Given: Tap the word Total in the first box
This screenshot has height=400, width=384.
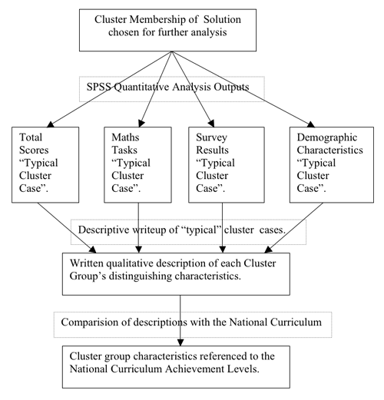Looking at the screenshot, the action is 31,137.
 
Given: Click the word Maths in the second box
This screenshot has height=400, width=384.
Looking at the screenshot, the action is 125,137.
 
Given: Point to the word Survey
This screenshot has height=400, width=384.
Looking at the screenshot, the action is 211,137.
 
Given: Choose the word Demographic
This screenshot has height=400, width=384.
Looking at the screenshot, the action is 327,137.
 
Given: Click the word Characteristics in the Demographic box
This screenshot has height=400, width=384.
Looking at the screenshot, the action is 329,150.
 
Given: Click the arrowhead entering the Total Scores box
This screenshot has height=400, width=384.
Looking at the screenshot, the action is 50,124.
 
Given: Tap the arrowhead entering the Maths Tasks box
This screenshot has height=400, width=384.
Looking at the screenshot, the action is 141,124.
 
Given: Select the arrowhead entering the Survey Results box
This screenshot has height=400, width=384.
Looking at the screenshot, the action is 211,124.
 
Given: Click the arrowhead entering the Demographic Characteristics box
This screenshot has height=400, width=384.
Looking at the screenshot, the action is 310,124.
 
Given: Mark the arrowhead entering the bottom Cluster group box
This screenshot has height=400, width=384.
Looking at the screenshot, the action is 180,342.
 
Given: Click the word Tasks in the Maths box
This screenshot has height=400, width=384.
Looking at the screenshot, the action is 124,150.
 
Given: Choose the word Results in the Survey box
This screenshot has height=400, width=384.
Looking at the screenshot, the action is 212,150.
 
